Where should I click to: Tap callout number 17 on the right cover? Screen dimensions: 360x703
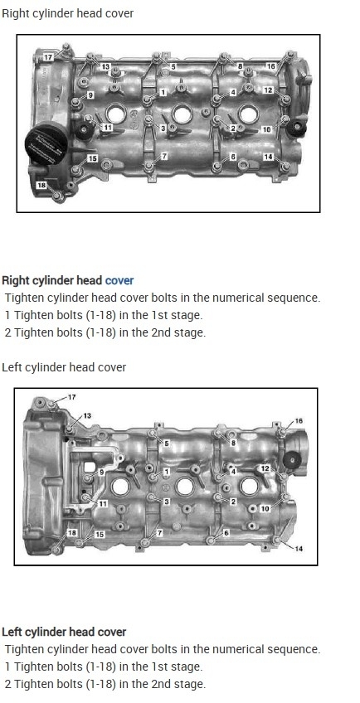pyautogui.click(x=48, y=58)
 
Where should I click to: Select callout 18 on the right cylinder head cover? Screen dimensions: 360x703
pyautogui.click(x=41, y=185)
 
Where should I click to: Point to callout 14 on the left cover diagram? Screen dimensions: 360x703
pyautogui.click(x=299, y=548)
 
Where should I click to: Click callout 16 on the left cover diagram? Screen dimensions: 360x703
pyautogui.click(x=299, y=421)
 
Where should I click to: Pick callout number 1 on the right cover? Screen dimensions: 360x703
pyautogui.click(x=163, y=92)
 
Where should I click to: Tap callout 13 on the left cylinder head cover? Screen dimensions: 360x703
pyautogui.click(x=87, y=415)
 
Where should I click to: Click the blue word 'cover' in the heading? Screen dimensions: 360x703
pyautogui.click(x=119, y=281)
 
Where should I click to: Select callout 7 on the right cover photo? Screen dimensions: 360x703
pyautogui.click(x=164, y=156)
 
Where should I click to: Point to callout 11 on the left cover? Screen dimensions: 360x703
pyautogui.click(x=103, y=504)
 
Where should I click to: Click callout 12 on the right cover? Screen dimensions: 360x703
pyautogui.click(x=269, y=90)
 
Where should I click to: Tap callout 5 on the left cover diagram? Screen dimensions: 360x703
pyautogui.click(x=167, y=444)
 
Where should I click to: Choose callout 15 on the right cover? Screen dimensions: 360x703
pyautogui.click(x=92, y=158)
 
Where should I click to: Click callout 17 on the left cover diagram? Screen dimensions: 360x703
pyautogui.click(x=72, y=397)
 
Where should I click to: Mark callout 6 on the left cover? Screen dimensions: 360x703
pyautogui.click(x=226, y=533)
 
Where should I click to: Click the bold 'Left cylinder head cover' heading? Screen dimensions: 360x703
pyautogui.click(x=64, y=633)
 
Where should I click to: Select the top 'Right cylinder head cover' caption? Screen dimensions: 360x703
pyautogui.click(x=68, y=13)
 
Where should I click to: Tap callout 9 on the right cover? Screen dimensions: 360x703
pyautogui.click(x=90, y=95)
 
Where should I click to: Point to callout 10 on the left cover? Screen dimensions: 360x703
pyautogui.click(x=265, y=509)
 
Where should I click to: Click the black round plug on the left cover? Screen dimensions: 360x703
pyautogui.click(x=293, y=460)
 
